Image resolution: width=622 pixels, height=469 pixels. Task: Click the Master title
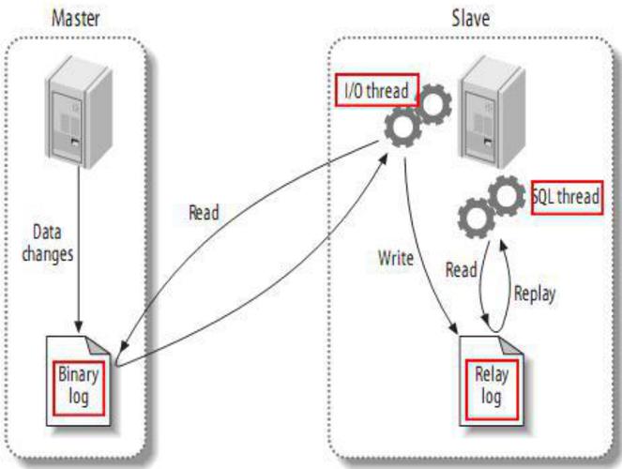(77, 18)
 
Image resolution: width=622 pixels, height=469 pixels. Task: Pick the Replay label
(535, 293)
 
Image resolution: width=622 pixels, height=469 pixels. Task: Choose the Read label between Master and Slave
(204, 213)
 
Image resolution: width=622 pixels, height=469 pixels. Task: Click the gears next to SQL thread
(490, 207)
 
